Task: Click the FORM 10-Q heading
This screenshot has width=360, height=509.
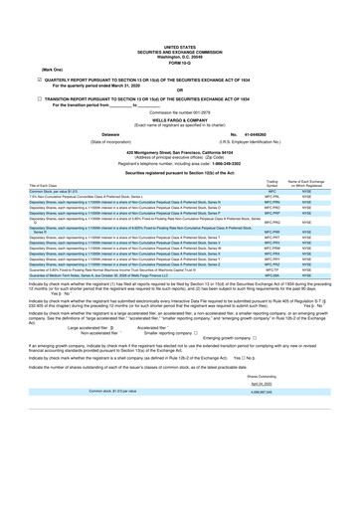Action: pyautogui.click(x=179, y=64)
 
